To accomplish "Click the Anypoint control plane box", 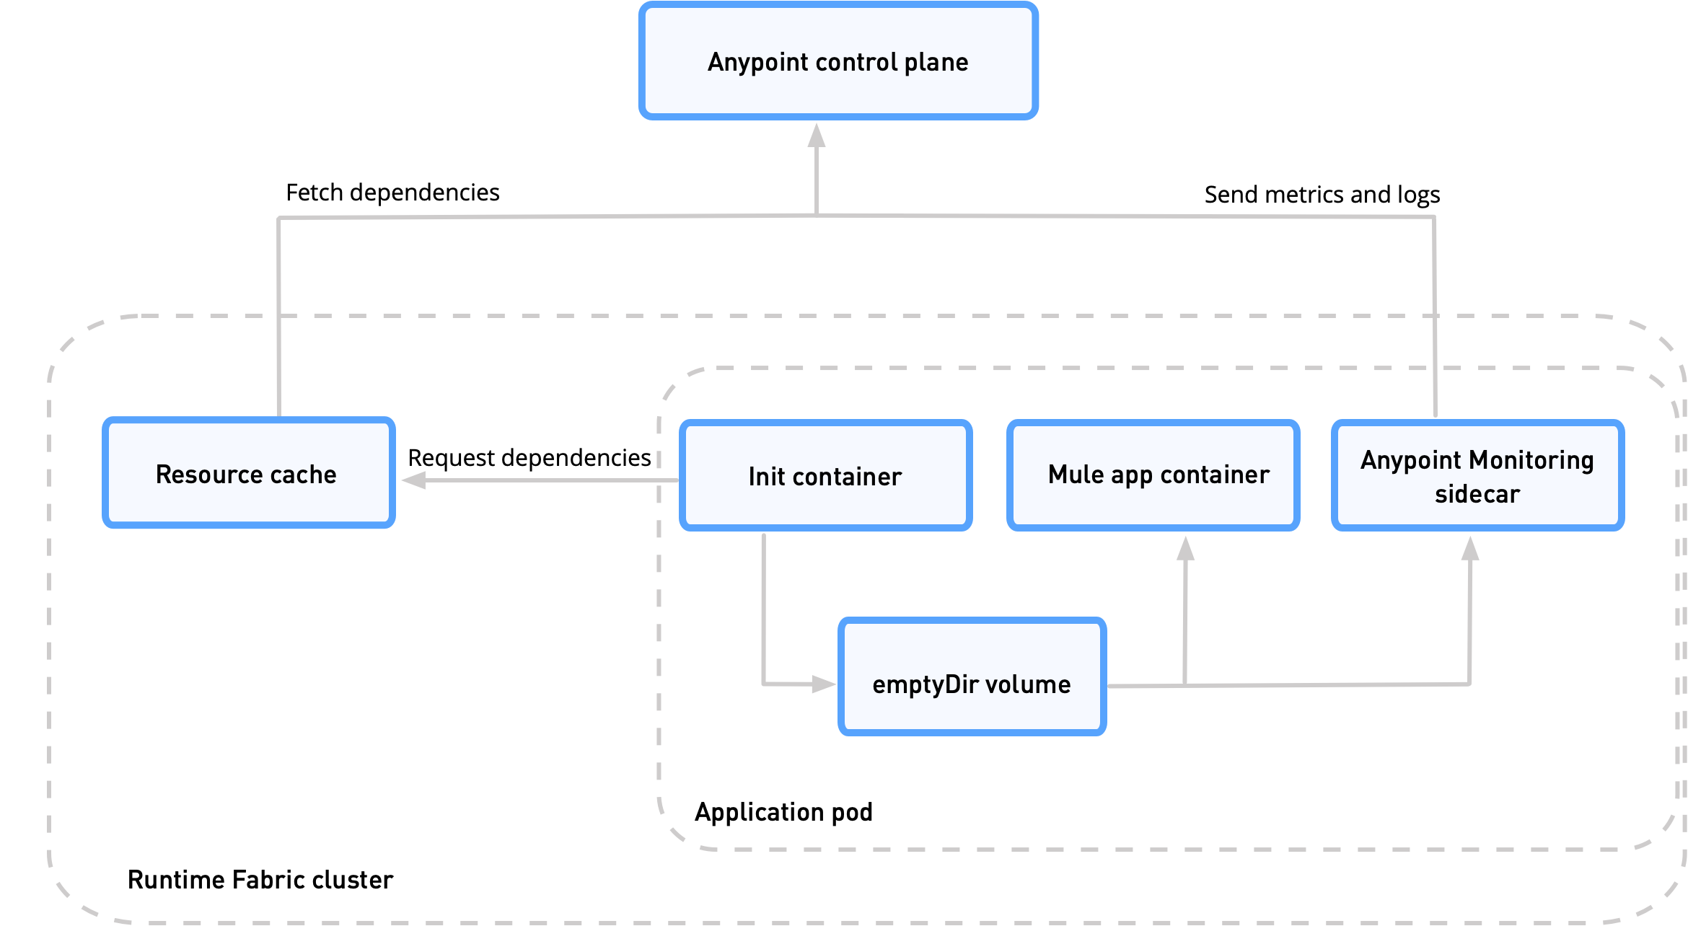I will pos(838,61).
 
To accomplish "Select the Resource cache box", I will pos(248,473).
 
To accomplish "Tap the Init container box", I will pos(825,476).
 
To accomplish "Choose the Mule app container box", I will pos(1153,475).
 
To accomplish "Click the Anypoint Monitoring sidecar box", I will pos(1477,475).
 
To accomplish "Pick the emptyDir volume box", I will pos(972,677).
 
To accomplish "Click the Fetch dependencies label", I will pos(392,193).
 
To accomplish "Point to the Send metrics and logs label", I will pos(1322,195).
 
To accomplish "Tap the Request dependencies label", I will pos(529,458).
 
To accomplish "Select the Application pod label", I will pos(783,812).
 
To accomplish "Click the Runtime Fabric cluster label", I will pos(260,880).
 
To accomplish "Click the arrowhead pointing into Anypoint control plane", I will pos(816,136).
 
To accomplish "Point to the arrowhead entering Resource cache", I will pos(414,480).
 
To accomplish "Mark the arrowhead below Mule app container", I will pos(1185,549).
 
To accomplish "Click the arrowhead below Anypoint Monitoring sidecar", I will pos(1470,549).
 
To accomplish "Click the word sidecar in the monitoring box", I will pos(1477,494).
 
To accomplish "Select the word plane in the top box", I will pos(936,63).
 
